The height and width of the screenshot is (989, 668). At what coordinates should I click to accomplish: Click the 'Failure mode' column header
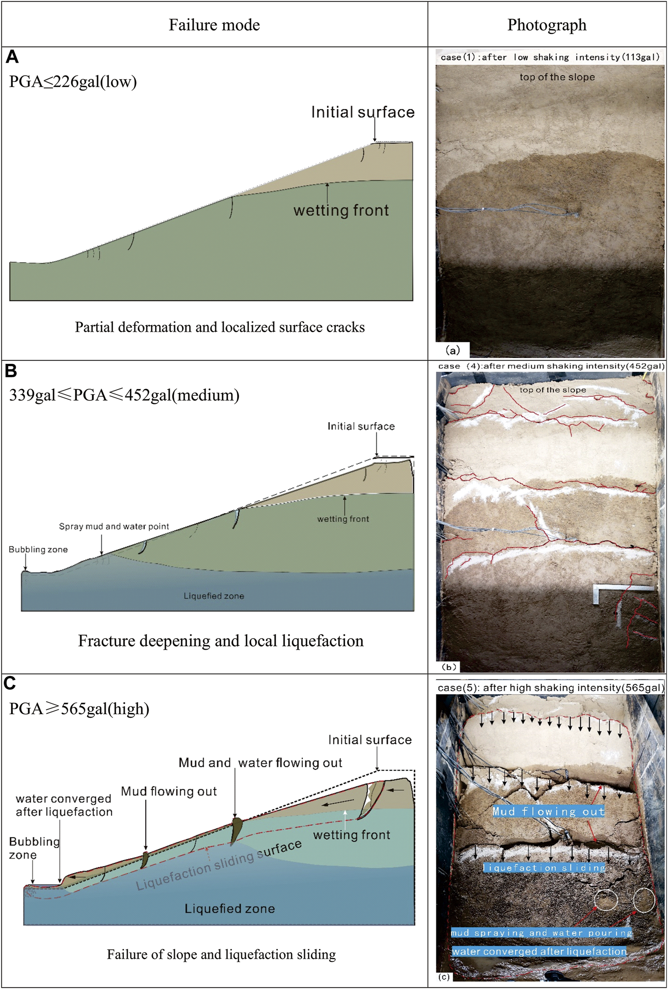coord(214,25)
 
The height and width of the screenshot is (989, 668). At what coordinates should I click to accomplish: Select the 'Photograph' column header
coord(547,25)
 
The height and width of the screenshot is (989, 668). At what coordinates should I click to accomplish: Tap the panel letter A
coord(12,57)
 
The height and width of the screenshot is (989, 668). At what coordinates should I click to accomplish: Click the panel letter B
coord(11,370)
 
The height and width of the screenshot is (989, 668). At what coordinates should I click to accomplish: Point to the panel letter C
coord(10,683)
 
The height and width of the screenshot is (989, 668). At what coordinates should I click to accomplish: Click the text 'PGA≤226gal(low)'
coord(73,81)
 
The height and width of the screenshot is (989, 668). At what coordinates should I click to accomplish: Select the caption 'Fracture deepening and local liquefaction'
coord(221,640)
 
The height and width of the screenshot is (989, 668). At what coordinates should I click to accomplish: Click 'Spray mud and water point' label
coord(114,526)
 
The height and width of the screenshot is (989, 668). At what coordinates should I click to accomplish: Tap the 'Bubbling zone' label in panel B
coord(38,549)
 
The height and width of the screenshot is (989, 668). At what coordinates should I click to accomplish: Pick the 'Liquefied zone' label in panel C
coord(230,909)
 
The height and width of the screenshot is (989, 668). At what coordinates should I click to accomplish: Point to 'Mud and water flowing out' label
coord(261,763)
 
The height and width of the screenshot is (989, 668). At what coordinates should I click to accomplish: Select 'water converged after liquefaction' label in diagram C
coord(64,805)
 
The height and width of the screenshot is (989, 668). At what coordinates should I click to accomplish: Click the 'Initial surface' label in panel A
coord(363,112)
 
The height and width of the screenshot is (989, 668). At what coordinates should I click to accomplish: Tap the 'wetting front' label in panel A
coord(341,210)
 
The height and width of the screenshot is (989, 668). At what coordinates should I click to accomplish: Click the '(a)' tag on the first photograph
coord(452,350)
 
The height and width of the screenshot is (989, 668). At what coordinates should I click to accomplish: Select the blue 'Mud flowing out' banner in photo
coord(549,811)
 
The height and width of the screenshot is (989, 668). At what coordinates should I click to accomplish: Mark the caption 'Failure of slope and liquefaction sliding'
coord(221,954)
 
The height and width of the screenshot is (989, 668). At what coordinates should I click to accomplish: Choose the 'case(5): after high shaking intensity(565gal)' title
coord(550,688)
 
